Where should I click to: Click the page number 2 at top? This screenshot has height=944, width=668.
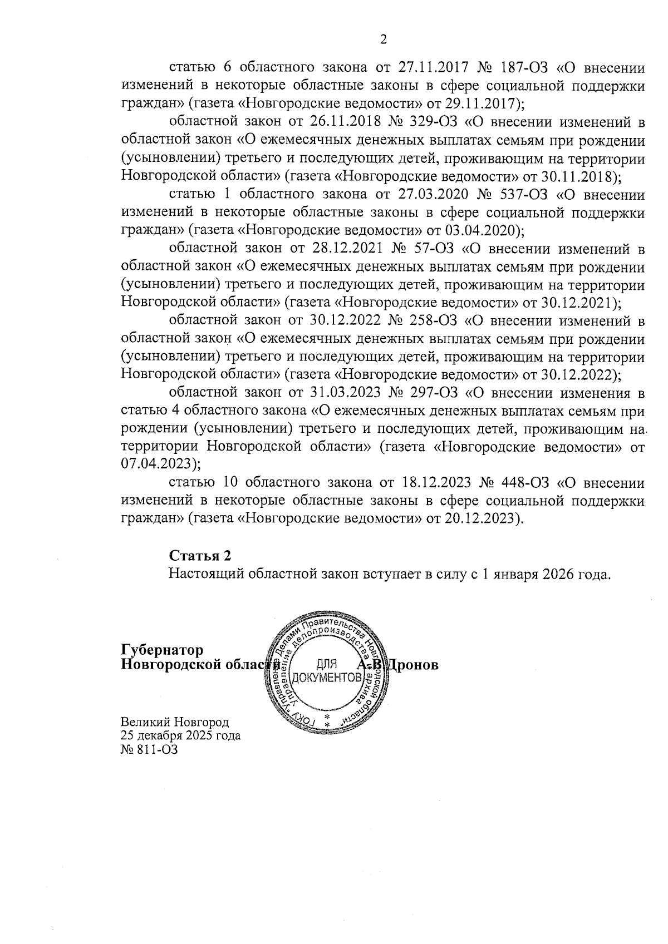click(382, 39)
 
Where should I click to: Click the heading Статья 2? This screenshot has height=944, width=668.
click(200, 556)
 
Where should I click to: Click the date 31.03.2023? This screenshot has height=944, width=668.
click(341, 393)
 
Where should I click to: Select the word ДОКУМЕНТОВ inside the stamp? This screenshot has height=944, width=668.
click(326, 678)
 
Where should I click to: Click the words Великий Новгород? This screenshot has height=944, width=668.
click(175, 723)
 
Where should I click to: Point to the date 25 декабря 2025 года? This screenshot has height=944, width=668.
click(181, 736)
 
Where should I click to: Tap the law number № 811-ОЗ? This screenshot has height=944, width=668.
click(149, 750)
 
